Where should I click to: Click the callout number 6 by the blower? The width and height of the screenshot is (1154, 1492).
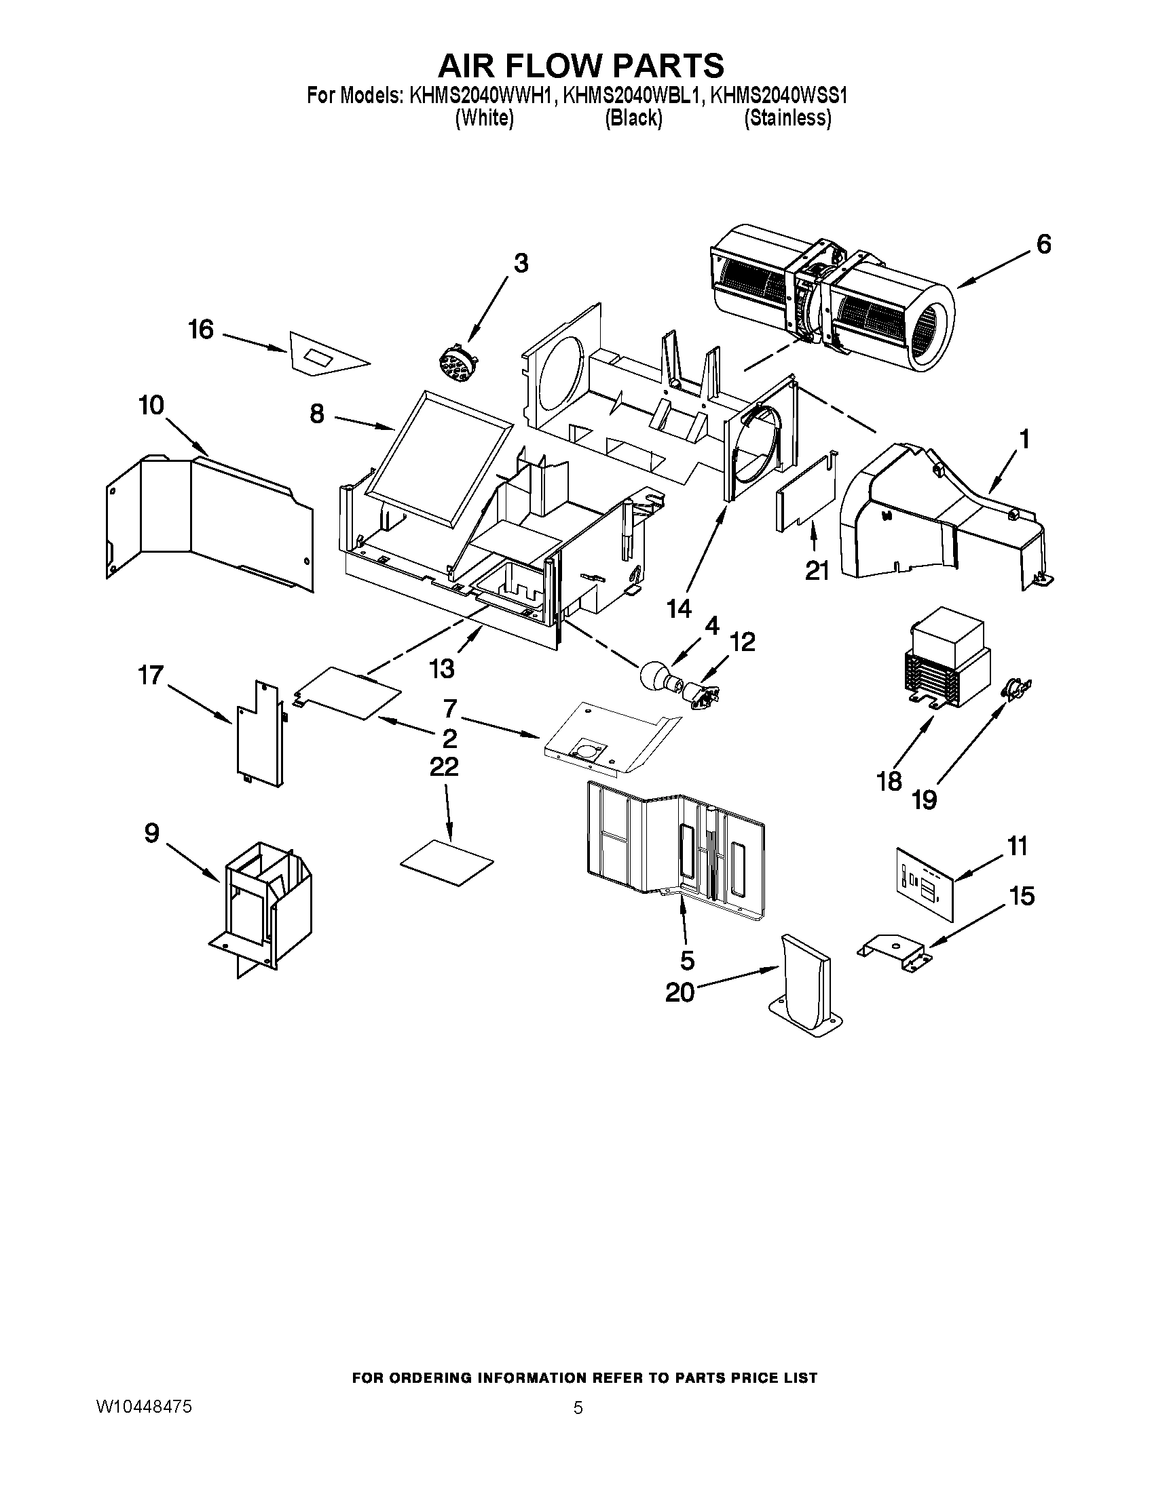click(1043, 244)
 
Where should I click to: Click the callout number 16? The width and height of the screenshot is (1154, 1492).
click(201, 330)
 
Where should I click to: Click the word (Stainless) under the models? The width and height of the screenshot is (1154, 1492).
click(787, 118)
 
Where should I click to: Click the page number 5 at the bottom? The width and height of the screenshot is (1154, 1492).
click(578, 1408)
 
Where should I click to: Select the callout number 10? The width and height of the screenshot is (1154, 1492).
click(151, 406)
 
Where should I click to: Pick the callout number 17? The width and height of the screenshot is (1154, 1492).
click(151, 675)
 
